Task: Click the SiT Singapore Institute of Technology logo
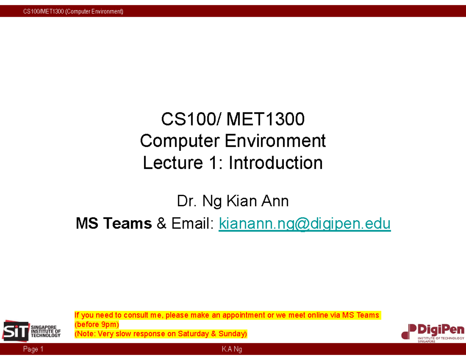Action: point(32,331)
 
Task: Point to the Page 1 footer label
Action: point(33,350)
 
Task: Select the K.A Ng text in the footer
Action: point(232,350)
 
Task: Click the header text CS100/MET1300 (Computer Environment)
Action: point(73,11)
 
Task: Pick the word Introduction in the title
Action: point(275,163)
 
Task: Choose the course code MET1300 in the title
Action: point(266,119)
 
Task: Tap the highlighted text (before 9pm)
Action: point(97,324)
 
